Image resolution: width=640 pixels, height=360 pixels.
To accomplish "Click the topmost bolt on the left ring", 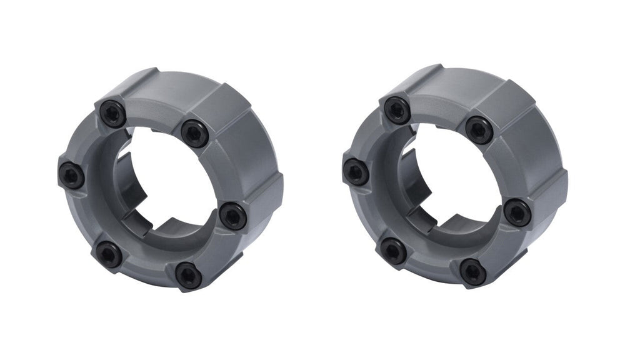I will tap(113, 114).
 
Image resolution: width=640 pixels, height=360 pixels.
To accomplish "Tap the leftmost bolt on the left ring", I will tap(71, 175).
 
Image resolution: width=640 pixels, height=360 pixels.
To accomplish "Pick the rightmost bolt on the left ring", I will tap(233, 216).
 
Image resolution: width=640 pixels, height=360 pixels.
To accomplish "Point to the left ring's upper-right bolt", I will tap(194, 133).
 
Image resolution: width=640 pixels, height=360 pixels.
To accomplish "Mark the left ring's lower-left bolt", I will tap(109, 254).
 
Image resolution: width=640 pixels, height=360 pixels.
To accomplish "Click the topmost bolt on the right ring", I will tap(397, 111).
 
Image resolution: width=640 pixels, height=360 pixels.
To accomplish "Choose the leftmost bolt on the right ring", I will tap(356, 172).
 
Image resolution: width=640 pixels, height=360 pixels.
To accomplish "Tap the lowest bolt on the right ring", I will tap(473, 272).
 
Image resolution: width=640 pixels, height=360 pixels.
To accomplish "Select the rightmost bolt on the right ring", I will tap(517, 213).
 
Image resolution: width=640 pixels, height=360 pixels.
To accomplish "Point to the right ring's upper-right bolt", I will tap(479, 130).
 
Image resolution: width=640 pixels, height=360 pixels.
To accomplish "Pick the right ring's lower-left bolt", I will tap(394, 251).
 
